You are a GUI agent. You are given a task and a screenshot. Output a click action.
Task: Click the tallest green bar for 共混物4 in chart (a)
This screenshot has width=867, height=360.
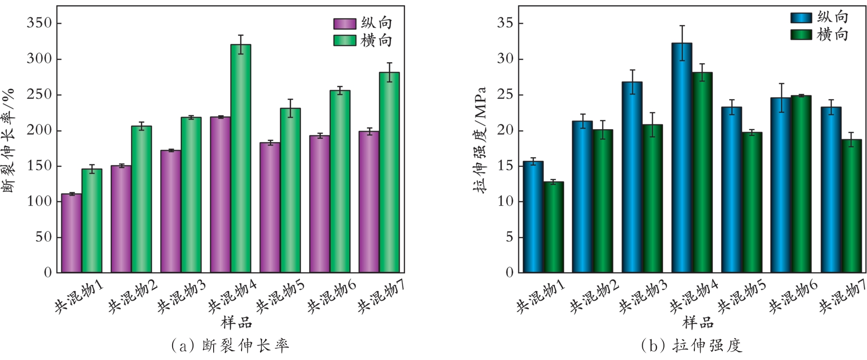click(x=241, y=159)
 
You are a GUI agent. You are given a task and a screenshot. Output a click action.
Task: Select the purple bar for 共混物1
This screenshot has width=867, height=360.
click(x=71, y=233)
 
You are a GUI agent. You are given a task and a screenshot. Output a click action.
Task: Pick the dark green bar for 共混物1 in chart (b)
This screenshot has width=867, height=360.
click(x=554, y=227)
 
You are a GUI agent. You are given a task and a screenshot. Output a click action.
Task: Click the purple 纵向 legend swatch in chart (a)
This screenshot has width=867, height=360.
click(x=344, y=24)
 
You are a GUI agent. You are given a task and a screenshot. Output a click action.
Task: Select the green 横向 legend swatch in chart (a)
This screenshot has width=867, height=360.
click(x=344, y=40)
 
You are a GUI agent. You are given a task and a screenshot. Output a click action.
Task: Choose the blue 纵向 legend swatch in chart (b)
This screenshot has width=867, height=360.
click(x=801, y=18)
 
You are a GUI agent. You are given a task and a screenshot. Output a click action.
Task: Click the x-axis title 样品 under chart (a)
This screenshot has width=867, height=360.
click(x=236, y=322)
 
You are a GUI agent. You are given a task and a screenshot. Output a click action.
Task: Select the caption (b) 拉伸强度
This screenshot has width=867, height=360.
click(x=692, y=346)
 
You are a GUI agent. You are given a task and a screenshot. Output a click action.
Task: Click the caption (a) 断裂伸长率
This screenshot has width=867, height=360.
click(x=230, y=346)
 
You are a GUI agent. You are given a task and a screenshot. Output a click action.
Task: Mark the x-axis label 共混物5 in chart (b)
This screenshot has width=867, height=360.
click(x=741, y=297)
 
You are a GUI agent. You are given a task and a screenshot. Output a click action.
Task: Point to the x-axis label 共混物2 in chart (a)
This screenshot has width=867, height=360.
click(x=132, y=297)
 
